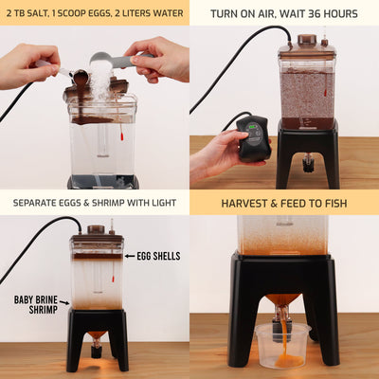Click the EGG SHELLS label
point(158,256)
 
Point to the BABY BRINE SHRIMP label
point(36,304)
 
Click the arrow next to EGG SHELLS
point(130,256)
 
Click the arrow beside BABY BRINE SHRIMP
point(64,302)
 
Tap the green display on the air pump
point(253,127)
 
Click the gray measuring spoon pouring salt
point(120,60)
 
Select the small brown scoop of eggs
point(80,77)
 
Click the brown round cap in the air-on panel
point(307,40)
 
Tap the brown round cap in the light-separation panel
point(96,229)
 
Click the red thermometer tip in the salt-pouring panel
point(121,136)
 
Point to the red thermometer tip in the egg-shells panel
point(113,279)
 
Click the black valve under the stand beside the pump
point(306,162)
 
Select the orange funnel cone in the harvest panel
point(282,299)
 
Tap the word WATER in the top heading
point(168,13)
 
